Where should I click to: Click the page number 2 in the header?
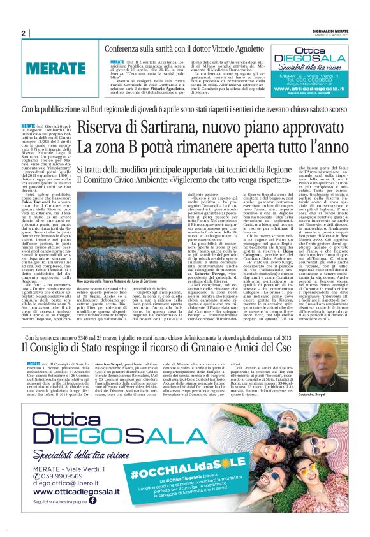[23, 34]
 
